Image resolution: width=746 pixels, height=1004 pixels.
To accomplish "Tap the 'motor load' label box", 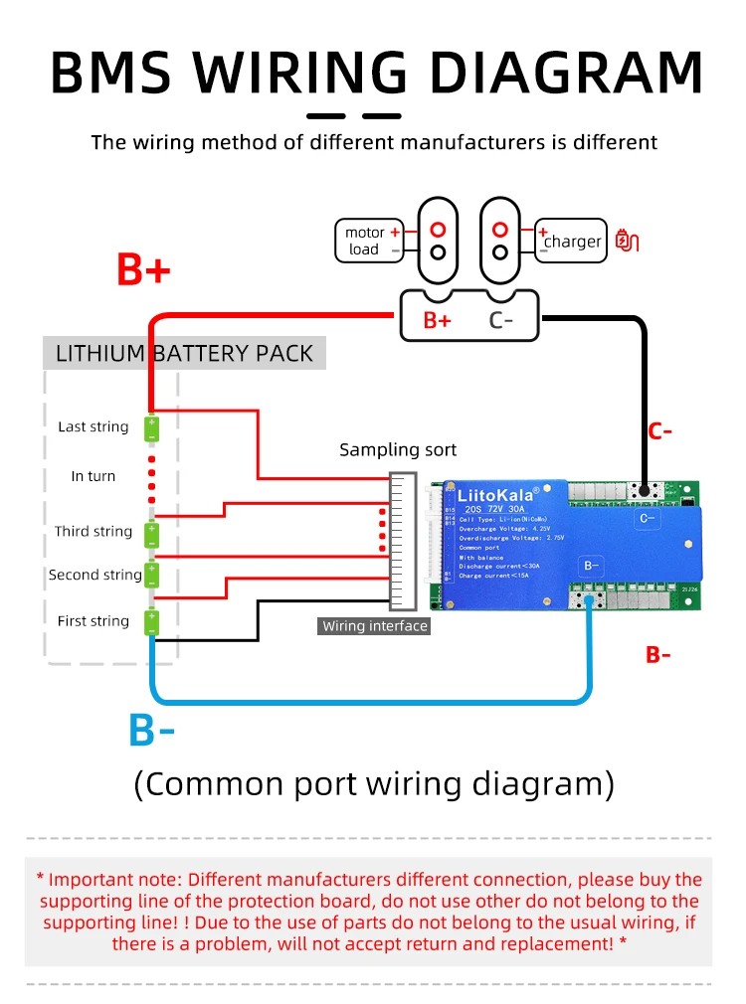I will coord(368,241).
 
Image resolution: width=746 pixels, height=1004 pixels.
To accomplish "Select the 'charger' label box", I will coord(571,241).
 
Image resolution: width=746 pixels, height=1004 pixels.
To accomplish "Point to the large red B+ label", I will coord(144,269).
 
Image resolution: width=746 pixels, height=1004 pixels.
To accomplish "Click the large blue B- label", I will coord(151,731).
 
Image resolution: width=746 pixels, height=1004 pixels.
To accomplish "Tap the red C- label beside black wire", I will coord(660,431).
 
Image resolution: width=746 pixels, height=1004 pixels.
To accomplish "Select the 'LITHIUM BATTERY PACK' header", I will coord(184,353).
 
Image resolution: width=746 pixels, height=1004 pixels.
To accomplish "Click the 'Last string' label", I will coord(93,426).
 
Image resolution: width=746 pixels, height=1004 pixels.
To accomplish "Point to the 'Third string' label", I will coord(93,531).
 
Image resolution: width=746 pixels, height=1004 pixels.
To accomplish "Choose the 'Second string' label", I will coord(95,575).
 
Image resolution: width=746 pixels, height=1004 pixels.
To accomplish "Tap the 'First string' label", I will coord(93,620).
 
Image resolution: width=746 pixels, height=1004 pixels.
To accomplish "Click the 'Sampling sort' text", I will coord(398,449).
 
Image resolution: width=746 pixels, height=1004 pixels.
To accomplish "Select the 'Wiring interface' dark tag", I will coord(375,626).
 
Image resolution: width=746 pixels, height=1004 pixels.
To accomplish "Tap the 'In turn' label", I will coord(93,476).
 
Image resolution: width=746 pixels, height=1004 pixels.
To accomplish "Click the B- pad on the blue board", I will coord(592,566).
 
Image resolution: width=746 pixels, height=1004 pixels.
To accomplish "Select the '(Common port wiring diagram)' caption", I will coord(374,783).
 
